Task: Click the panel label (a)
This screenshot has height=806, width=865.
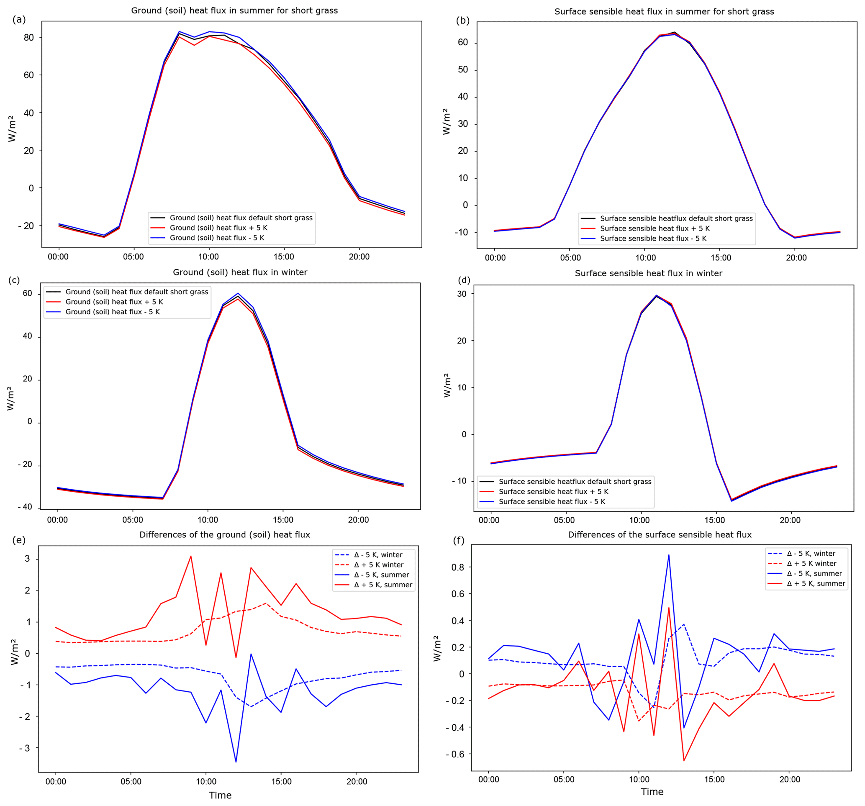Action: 19,19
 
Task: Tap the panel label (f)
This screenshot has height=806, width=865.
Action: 459,541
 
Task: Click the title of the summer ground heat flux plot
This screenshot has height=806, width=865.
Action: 234,10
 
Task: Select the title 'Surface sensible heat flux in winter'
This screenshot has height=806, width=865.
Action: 648,273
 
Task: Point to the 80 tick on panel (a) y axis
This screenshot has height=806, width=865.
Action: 29,37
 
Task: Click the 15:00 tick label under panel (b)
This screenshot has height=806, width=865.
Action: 721,258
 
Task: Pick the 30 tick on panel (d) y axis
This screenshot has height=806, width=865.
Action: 462,294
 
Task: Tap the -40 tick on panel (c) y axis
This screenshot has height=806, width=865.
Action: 25,507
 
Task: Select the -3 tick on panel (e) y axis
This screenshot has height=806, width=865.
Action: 25,748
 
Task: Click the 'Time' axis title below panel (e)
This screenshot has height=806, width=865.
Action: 220,795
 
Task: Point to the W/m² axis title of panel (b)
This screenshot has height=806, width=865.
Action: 447,122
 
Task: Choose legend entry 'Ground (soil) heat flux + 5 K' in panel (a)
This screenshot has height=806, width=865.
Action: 218,228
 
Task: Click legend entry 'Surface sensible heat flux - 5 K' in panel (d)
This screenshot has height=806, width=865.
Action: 552,501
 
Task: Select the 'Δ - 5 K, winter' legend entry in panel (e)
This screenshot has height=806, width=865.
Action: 377,554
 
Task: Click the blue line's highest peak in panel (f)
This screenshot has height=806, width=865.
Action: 669,555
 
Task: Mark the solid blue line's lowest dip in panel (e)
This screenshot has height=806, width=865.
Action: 236,762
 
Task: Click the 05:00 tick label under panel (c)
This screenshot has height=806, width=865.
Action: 132,520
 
